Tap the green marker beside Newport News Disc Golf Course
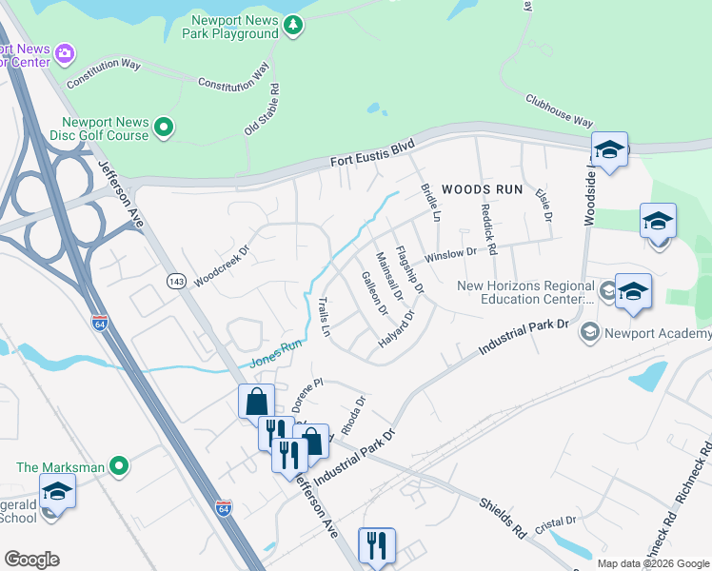[x=164, y=127]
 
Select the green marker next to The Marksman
[x=118, y=466]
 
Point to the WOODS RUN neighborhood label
[x=483, y=189]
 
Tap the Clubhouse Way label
[x=559, y=109]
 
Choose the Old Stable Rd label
[x=261, y=108]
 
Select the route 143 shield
[x=175, y=281]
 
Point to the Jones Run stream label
[x=275, y=355]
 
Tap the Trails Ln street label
[x=324, y=318]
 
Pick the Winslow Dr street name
[x=450, y=255]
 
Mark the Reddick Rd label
[x=488, y=229]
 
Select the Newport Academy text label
[x=659, y=333]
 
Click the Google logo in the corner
[x=31, y=560]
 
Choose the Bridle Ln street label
[x=429, y=203]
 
